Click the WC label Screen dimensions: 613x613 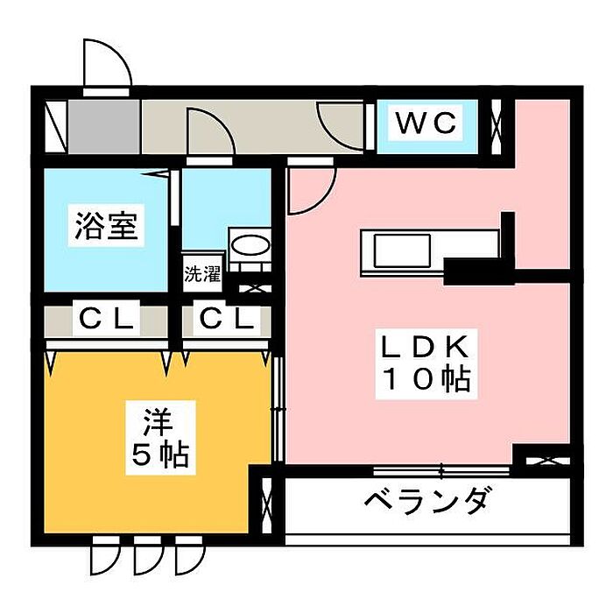pyautogui.click(x=426, y=124)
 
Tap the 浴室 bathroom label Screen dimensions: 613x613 pyautogui.click(x=105, y=227)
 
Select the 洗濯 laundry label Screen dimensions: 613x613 pyautogui.click(x=201, y=273)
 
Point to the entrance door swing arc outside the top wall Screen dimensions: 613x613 pyautogui.click(x=106, y=63)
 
